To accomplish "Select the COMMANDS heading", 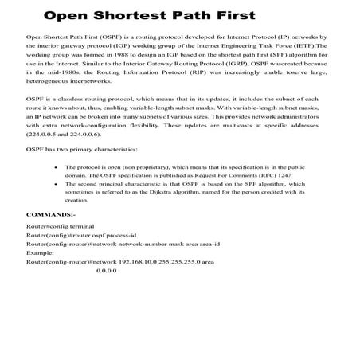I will pos(52,214).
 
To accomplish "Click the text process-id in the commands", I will pos(120,236).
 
